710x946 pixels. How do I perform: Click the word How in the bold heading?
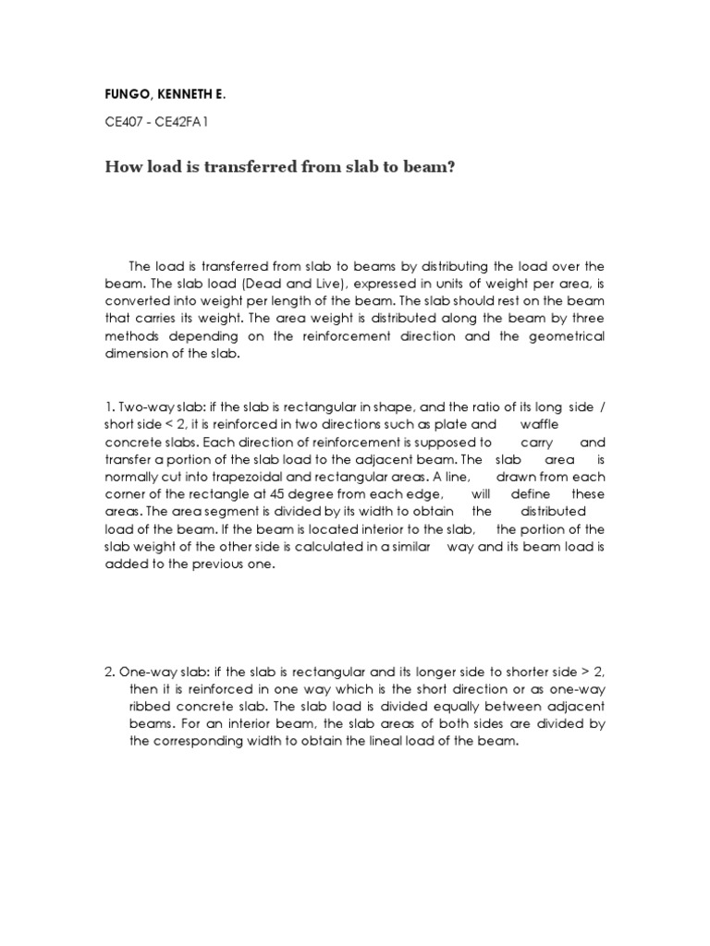[x=122, y=169]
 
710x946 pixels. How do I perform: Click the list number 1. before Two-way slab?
[x=109, y=407]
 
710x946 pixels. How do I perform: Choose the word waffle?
[x=539, y=425]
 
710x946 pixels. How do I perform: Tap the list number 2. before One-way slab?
[x=110, y=671]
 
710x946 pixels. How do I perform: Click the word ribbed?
[x=151, y=706]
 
